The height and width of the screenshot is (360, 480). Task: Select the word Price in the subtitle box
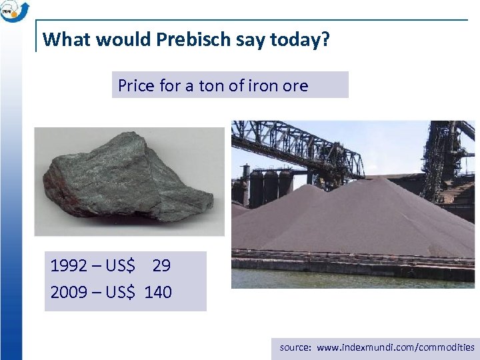click(x=136, y=85)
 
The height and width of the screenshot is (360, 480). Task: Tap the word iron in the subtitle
click(x=261, y=85)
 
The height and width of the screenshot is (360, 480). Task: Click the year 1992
click(x=68, y=266)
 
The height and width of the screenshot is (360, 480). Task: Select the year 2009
click(x=68, y=292)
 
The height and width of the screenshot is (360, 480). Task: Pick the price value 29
click(x=161, y=266)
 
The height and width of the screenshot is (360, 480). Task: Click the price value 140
click(x=158, y=292)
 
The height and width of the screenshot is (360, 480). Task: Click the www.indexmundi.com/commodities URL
click(x=396, y=347)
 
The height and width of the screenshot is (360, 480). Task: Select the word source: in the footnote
click(x=295, y=347)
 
